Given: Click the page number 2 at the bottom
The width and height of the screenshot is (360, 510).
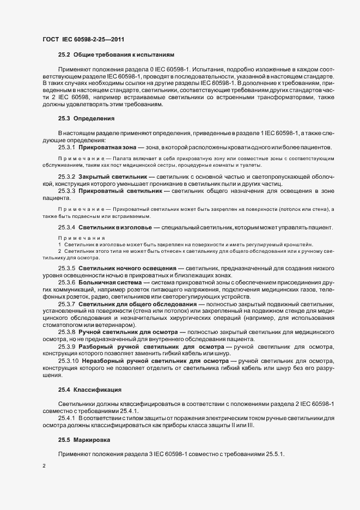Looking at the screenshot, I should (x=44, y=466).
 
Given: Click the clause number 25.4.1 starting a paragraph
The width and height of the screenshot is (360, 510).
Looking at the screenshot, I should (x=66, y=418).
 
